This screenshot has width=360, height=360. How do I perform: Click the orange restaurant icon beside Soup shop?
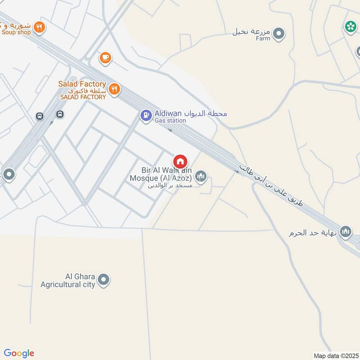[x=40, y=27]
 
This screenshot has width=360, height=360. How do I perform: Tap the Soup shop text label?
[x=16, y=32]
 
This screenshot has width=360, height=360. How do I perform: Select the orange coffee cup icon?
[x=105, y=57]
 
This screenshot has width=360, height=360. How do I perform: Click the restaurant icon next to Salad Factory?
[x=114, y=89]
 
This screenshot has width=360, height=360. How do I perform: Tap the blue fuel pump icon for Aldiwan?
[x=146, y=116]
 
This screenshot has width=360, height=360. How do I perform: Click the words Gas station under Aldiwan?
[x=170, y=121]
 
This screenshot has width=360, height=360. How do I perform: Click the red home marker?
[x=180, y=161]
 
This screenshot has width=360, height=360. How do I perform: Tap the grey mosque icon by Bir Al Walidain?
[x=201, y=176]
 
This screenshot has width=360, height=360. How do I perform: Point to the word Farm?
[x=263, y=39]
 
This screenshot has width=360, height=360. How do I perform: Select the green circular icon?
[x=350, y=27]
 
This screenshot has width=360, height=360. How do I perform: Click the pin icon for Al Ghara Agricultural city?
[x=104, y=280]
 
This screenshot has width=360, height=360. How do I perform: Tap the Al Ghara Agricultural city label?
[x=67, y=280]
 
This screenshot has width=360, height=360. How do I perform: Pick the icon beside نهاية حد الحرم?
[x=346, y=232]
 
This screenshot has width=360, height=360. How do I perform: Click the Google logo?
[x=18, y=353]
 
